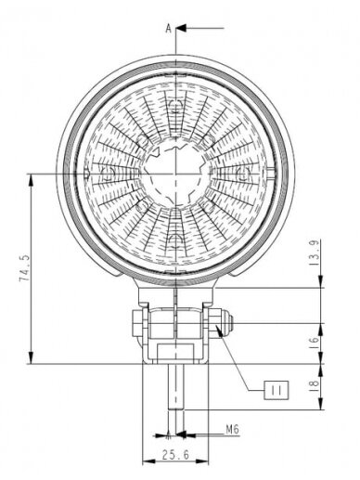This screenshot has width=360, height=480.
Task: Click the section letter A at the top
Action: click(168, 29)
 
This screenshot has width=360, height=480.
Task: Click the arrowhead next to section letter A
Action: click(181, 28)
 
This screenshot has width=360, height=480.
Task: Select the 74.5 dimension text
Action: click(24, 268)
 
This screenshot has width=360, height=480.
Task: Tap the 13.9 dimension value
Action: click(315, 253)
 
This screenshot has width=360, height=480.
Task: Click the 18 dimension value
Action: click(315, 383)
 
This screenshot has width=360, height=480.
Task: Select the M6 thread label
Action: click(232, 429)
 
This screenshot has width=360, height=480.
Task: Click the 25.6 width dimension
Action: click(175, 454)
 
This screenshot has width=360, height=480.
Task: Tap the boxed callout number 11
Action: click(276, 390)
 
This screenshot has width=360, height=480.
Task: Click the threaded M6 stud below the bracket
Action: click(175, 386)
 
